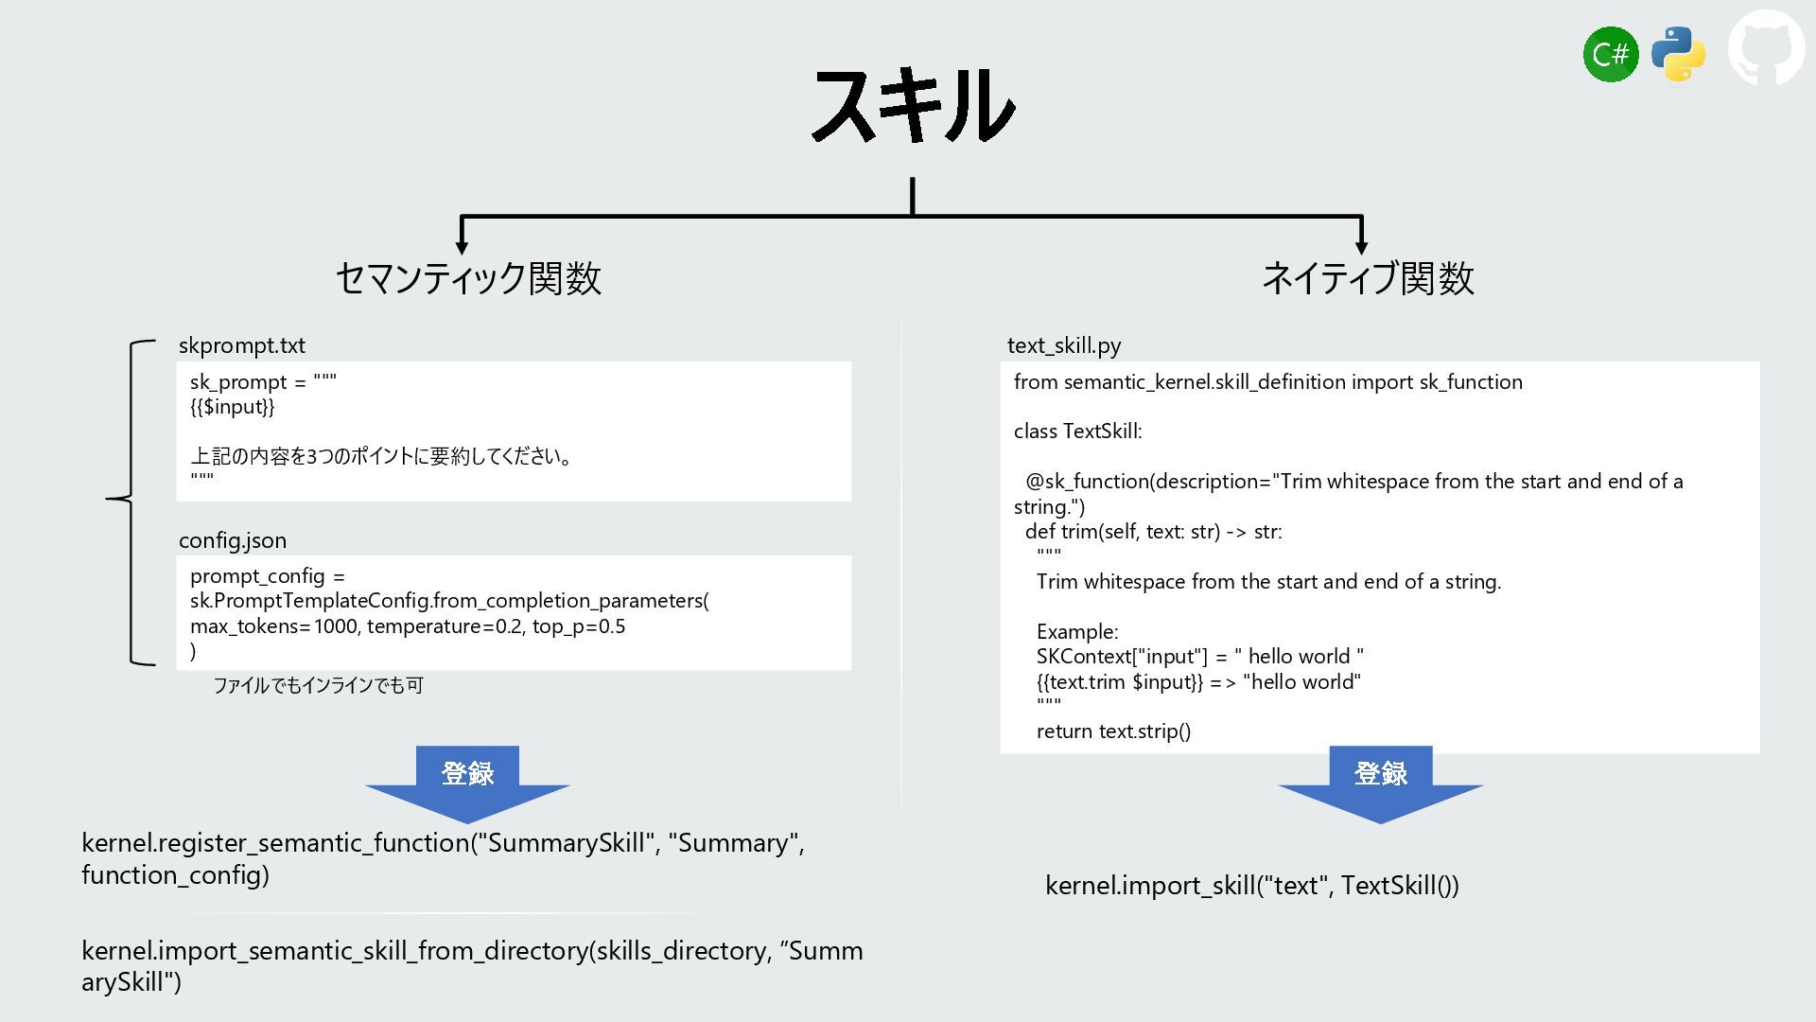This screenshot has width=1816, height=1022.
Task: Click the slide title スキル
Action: [x=914, y=105]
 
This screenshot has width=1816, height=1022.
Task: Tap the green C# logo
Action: [x=1610, y=55]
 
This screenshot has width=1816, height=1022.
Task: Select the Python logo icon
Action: [x=1678, y=54]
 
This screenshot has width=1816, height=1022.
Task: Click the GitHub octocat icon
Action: [x=1766, y=48]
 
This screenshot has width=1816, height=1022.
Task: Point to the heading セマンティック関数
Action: [x=468, y=278]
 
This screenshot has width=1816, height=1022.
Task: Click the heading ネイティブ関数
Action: [x=1368, y=278]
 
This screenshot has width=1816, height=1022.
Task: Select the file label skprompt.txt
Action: [x=242, y=345]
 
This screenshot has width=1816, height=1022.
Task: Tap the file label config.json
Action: [x=233, y=540]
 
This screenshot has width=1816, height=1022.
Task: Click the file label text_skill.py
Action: [x=1064, y=345]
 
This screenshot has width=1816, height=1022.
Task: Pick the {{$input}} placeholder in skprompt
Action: [x=233, y=407]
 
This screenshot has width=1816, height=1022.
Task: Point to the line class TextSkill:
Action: [x=1077, y=432]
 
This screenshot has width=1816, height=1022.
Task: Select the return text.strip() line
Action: [x=1113, y=731]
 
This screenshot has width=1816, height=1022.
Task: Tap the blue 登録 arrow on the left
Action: [x=467, y=782]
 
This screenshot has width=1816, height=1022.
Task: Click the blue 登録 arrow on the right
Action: [x=1380, y=782]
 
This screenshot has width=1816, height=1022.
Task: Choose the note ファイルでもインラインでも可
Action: [x=318, y=685]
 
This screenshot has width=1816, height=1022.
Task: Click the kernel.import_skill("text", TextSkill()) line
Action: [x=1251, y=886]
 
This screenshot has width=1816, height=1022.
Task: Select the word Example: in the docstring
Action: [x=1077, y=632]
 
